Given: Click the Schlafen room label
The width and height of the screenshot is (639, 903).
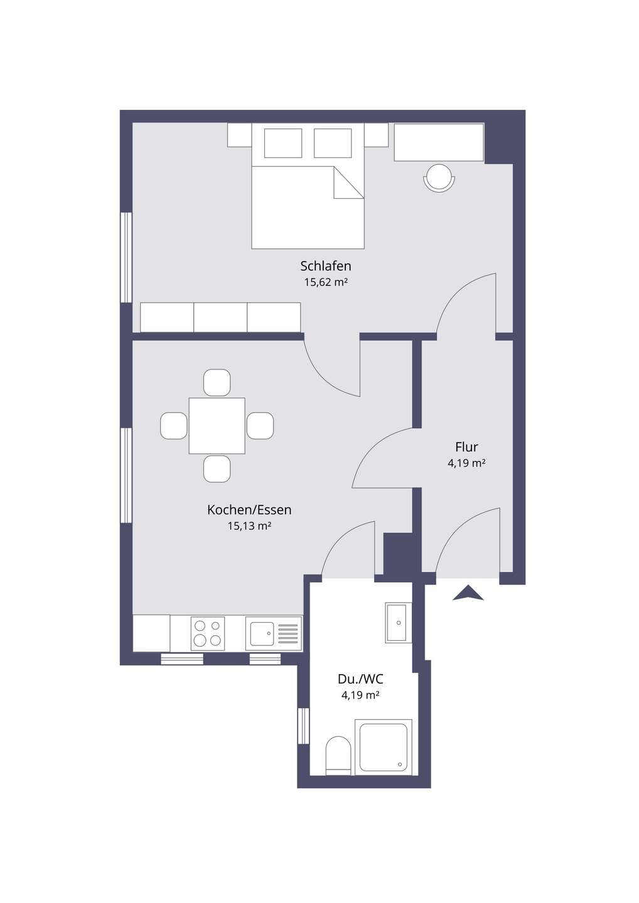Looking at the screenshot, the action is click(x=326, y=266).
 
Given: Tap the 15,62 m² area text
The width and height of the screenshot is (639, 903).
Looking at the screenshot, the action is click(x=326, y=282).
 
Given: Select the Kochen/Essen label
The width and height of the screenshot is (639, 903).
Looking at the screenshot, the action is click(x=249, y=510).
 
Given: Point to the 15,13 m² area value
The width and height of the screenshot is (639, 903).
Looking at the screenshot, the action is click(x=249, y=526).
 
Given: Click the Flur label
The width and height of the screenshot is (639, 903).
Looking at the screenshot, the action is click(x=466, y=447).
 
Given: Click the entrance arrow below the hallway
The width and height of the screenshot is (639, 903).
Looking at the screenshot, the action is click(x=468, y=593).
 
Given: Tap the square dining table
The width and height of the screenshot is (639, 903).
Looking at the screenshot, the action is click(x=217, y=426).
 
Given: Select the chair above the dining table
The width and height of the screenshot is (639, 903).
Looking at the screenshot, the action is click(x=217, y=383).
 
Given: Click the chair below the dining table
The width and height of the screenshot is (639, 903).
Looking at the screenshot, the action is click(x=217, y=469).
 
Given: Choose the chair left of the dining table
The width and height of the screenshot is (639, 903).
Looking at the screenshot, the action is click(x=173, y=426).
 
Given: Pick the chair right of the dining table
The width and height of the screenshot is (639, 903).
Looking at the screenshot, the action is click(x=260, y=426).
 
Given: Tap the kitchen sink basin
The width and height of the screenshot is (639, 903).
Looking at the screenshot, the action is click(x=262, y=634).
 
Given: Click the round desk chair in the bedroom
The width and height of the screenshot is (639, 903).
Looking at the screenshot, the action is click(x=439, y=178).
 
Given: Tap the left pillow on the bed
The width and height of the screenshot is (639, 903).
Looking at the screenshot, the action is click(x=283, y=143).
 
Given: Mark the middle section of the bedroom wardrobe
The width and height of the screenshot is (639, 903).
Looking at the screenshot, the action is click(x=220, y=317).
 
